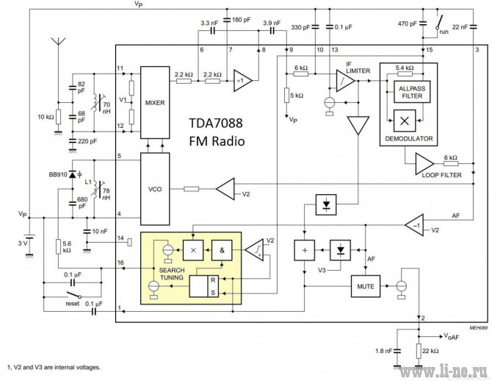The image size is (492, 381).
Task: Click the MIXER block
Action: pos(155,102)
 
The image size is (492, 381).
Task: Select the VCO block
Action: pos(155,189)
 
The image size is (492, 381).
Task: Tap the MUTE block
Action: pos(366,286)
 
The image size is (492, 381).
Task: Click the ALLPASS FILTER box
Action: pos(412,92)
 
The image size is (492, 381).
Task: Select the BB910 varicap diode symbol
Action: pos(73,174)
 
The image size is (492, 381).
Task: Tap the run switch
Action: pos(439,22)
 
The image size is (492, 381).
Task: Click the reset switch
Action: pos(74,295)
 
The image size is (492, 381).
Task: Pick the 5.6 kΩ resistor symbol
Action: pos(58,246)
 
